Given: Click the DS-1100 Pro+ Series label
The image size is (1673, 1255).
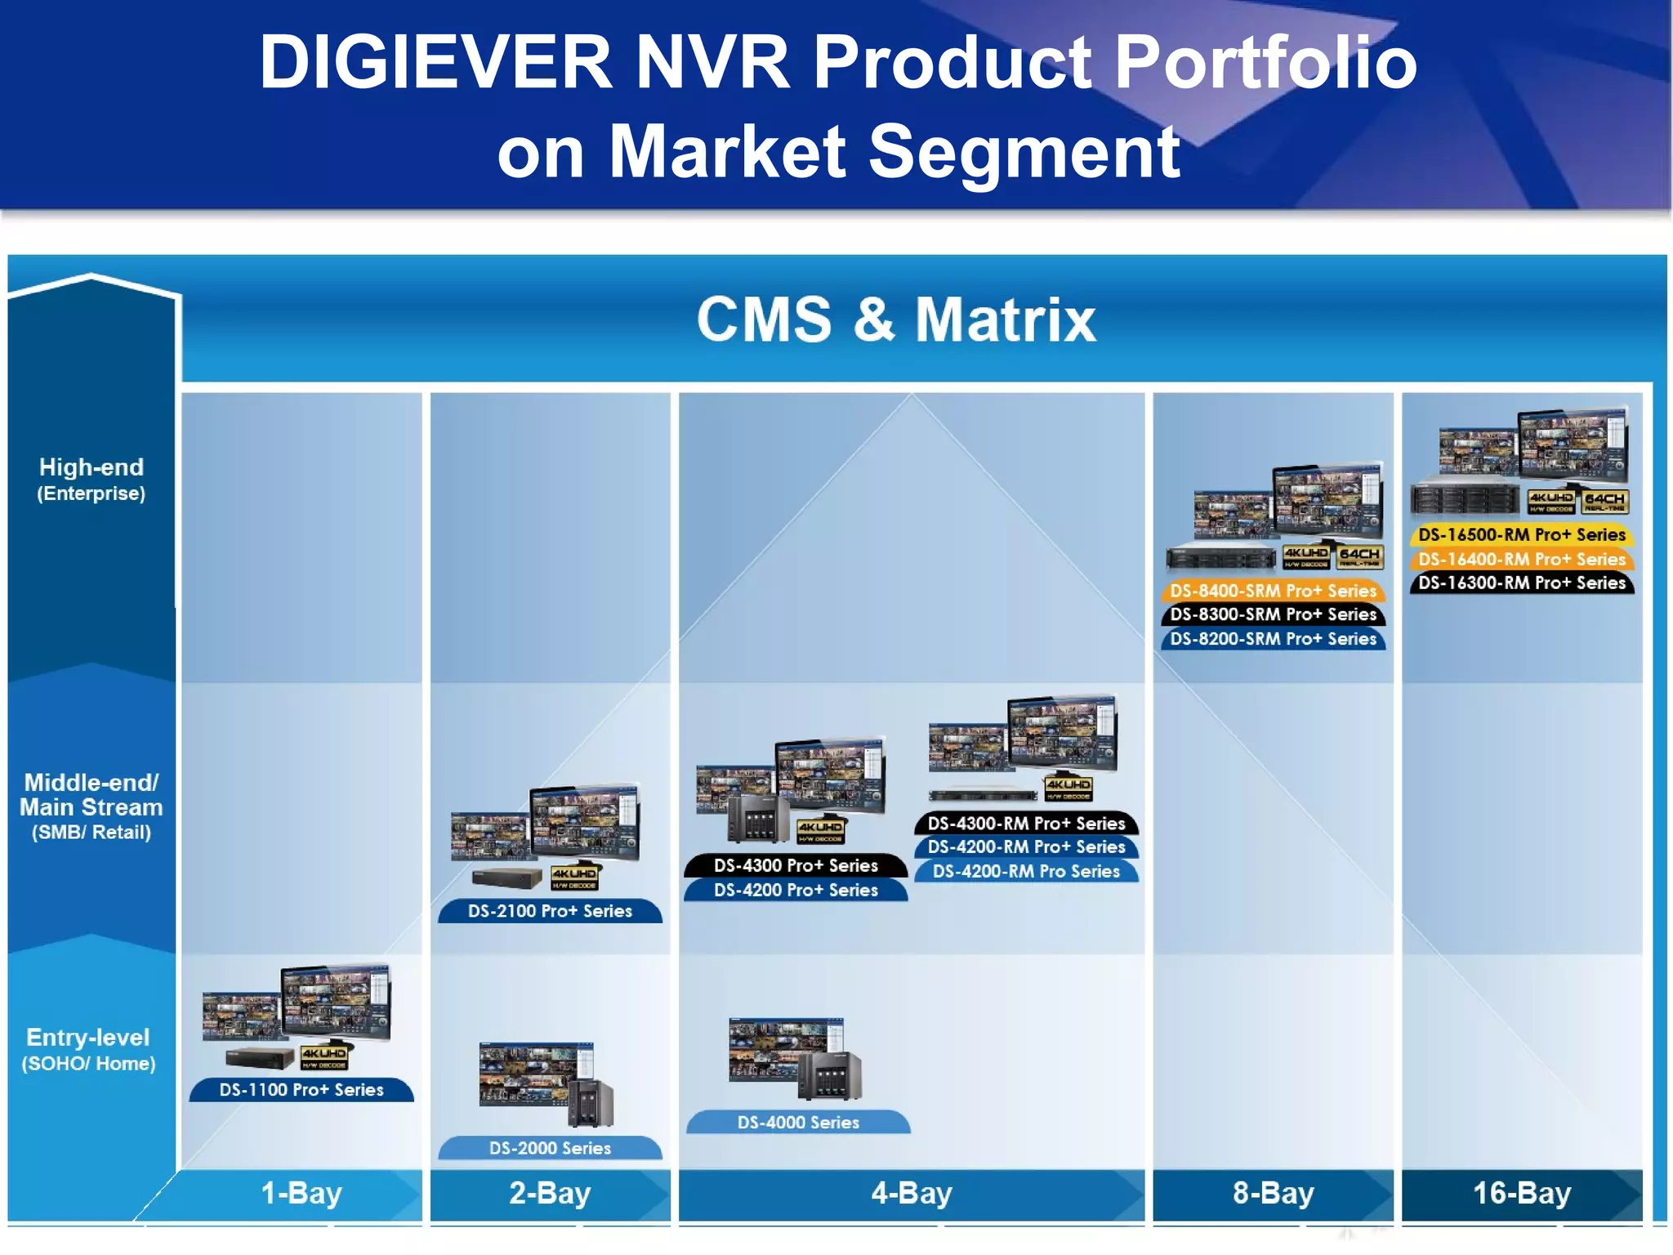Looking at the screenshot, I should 301,1090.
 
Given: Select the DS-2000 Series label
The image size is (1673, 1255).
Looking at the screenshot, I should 550,1148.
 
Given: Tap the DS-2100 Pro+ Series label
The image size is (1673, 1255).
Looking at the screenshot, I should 550,911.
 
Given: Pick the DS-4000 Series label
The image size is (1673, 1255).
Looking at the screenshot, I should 798,1123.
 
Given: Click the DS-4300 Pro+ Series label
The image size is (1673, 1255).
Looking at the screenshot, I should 796,865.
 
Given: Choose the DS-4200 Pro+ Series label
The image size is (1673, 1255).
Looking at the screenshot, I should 796,890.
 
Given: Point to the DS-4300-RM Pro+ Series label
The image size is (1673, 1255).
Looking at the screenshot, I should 1026,823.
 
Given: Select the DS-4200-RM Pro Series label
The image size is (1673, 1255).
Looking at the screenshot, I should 1026,871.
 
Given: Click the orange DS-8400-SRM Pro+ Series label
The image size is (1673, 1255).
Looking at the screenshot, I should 1273,590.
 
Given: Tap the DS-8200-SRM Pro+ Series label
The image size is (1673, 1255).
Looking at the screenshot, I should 1273,638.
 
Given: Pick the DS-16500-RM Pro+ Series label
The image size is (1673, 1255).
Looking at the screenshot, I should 1521,534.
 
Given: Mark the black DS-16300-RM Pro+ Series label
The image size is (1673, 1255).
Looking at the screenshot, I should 1521,583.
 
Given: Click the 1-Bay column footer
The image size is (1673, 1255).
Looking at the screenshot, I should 301,1194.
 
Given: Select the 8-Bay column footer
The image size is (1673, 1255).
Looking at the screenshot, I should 1273,1194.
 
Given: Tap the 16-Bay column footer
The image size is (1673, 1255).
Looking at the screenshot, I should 1521,1194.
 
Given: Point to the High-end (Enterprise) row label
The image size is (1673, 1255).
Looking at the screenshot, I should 91,479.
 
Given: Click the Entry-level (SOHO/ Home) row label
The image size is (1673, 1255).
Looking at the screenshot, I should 88,1049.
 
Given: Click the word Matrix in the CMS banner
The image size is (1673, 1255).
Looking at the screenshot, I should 1005,319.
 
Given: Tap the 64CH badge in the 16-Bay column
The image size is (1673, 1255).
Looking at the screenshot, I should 1604,501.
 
